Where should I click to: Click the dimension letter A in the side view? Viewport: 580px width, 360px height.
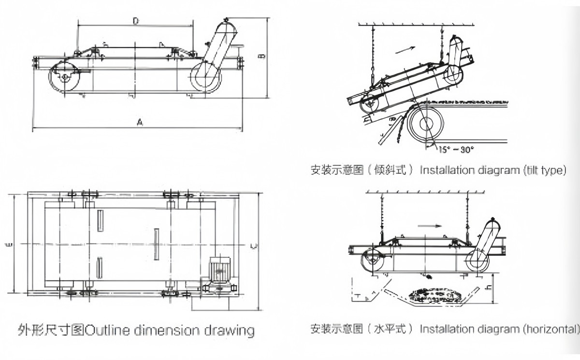point(139,123)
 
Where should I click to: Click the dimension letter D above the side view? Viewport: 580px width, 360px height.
point(136,20)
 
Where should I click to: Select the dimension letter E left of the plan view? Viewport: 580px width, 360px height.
point(9,245)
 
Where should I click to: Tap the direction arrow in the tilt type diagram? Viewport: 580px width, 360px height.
point(405,49)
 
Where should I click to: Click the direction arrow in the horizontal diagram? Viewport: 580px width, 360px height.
point(430,226)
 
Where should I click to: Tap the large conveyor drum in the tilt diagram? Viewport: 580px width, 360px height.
point(425,124)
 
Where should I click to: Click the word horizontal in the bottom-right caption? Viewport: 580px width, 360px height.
point(551,329)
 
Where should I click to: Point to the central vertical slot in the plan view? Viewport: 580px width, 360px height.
point(156,244)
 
